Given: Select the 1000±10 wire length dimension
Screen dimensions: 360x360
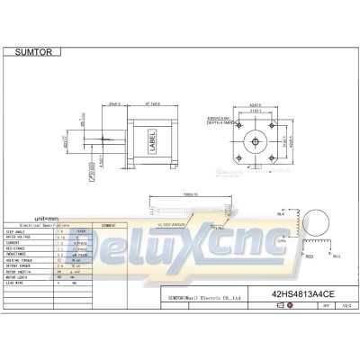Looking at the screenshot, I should (189, 193).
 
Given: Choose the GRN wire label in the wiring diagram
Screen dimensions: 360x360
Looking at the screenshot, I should (281, 242).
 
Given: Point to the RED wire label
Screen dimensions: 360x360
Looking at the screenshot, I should (309, 255).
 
